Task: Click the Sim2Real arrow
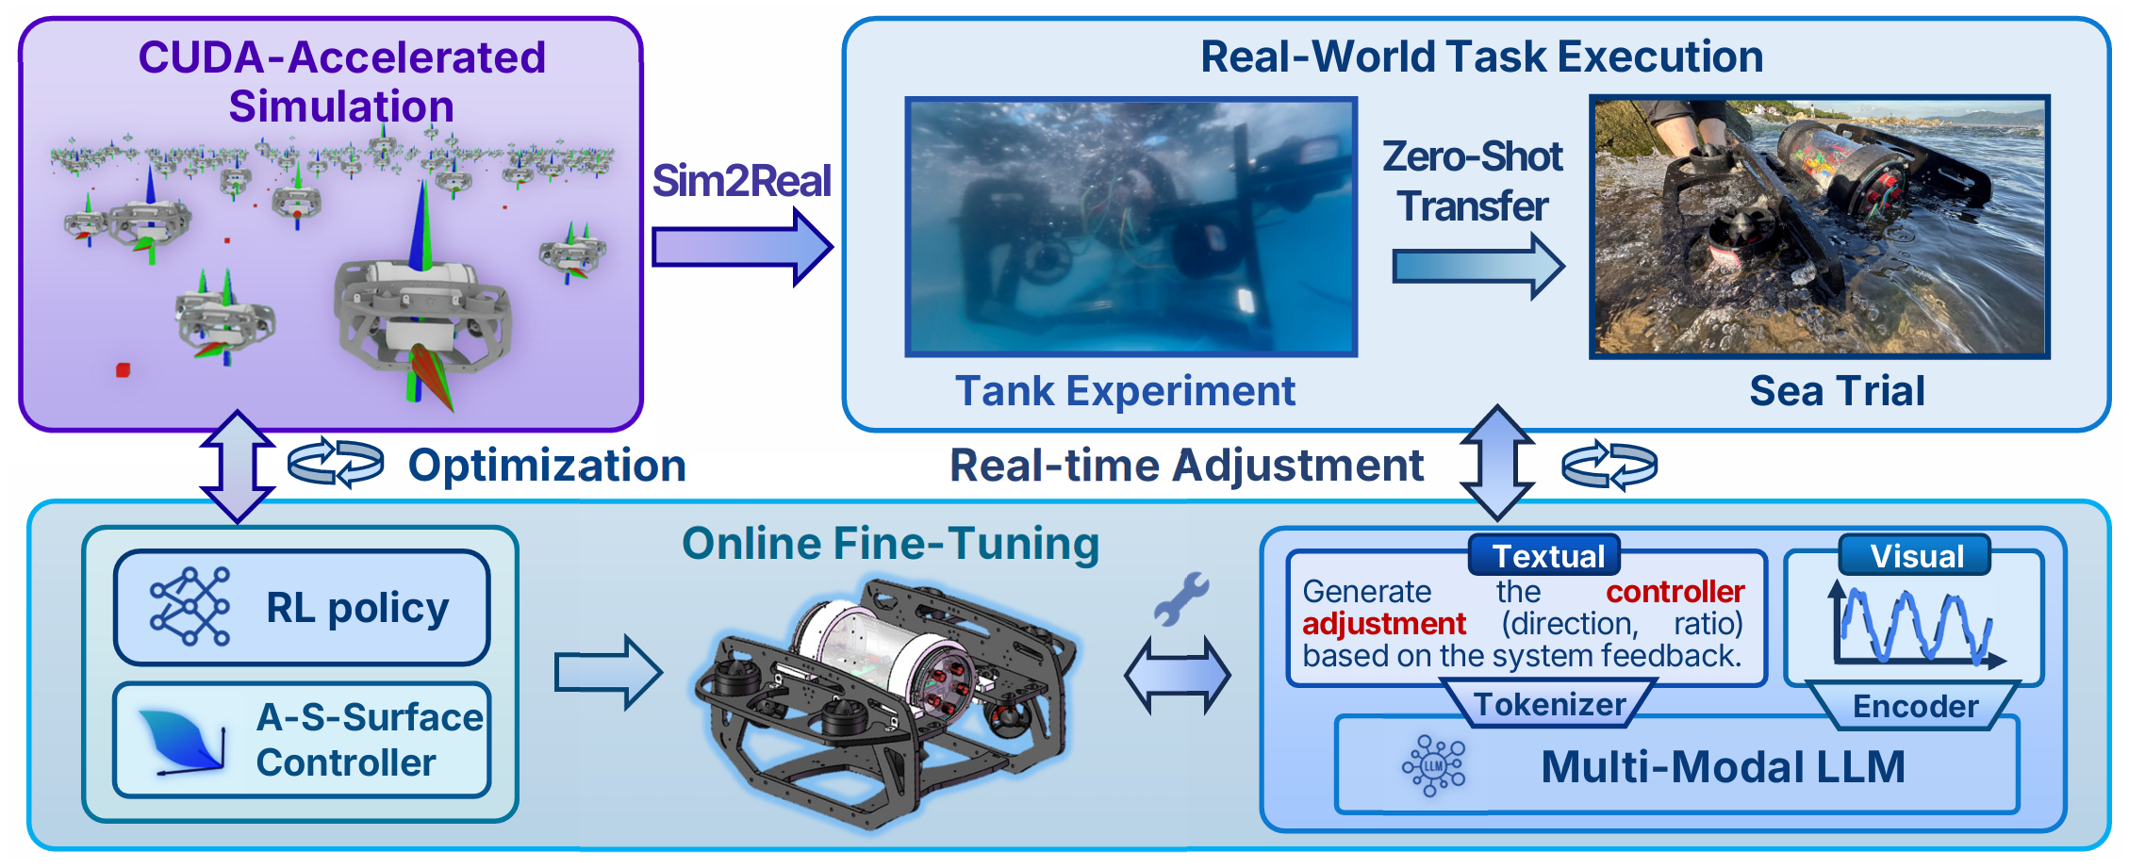741,247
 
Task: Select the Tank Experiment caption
1125,390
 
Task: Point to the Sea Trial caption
1837,390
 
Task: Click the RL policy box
302,608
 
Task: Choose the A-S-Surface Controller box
302,741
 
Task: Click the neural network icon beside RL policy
190,606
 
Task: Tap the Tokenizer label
1550,705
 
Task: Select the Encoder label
1915,707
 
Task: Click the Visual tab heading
1916,556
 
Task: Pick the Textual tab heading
1547,556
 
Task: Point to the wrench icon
1180,598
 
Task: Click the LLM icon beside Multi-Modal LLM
1433,766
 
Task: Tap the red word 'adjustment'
1383,624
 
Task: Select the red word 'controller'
1675,592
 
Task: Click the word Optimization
547,466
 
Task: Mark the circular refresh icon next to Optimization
336,463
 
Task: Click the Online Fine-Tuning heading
890,544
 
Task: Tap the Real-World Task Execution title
1481,57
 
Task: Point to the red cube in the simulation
123,370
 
